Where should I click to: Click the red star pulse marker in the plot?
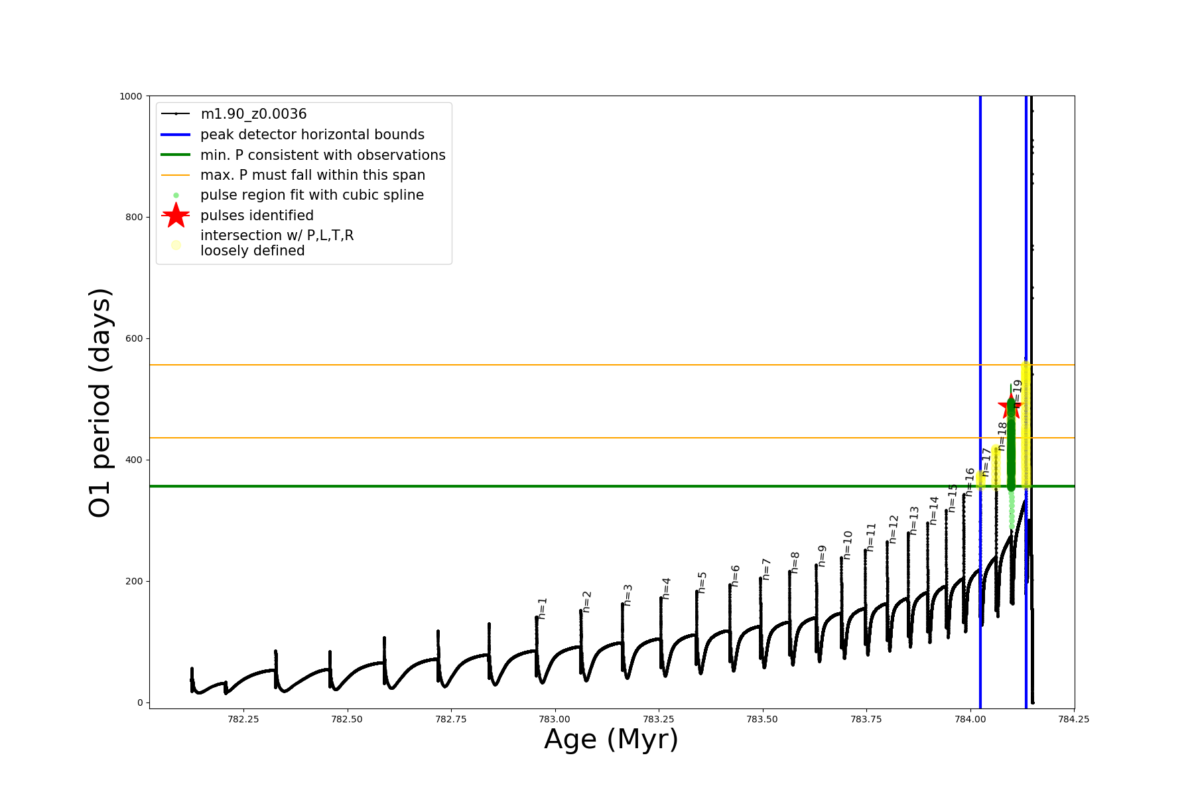click(1010, 407)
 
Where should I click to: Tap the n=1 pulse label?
click(543, 608)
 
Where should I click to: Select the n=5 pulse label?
click(702, 582)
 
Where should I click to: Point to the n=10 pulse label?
click(848, 545)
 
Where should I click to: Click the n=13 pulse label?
click(914, 521)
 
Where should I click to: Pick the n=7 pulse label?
click(766, 569)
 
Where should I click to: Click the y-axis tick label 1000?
click(131, 96)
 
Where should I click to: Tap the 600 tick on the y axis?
click(135, 338)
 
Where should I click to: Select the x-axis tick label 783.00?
click(555, 719)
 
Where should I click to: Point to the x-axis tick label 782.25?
click(243, 719)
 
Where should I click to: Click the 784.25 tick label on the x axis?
click(1073, 719)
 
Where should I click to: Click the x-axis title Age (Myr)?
click(611, 740)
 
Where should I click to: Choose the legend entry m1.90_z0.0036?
click(253, 114)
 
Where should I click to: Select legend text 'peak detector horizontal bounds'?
click(312, 135)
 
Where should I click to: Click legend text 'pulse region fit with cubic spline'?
click(312, 195)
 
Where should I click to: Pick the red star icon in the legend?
click(176, 215)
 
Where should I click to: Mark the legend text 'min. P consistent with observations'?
click(322, 155)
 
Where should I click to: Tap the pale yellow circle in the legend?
click(176, 245)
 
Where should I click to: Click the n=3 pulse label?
click(628, 595)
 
